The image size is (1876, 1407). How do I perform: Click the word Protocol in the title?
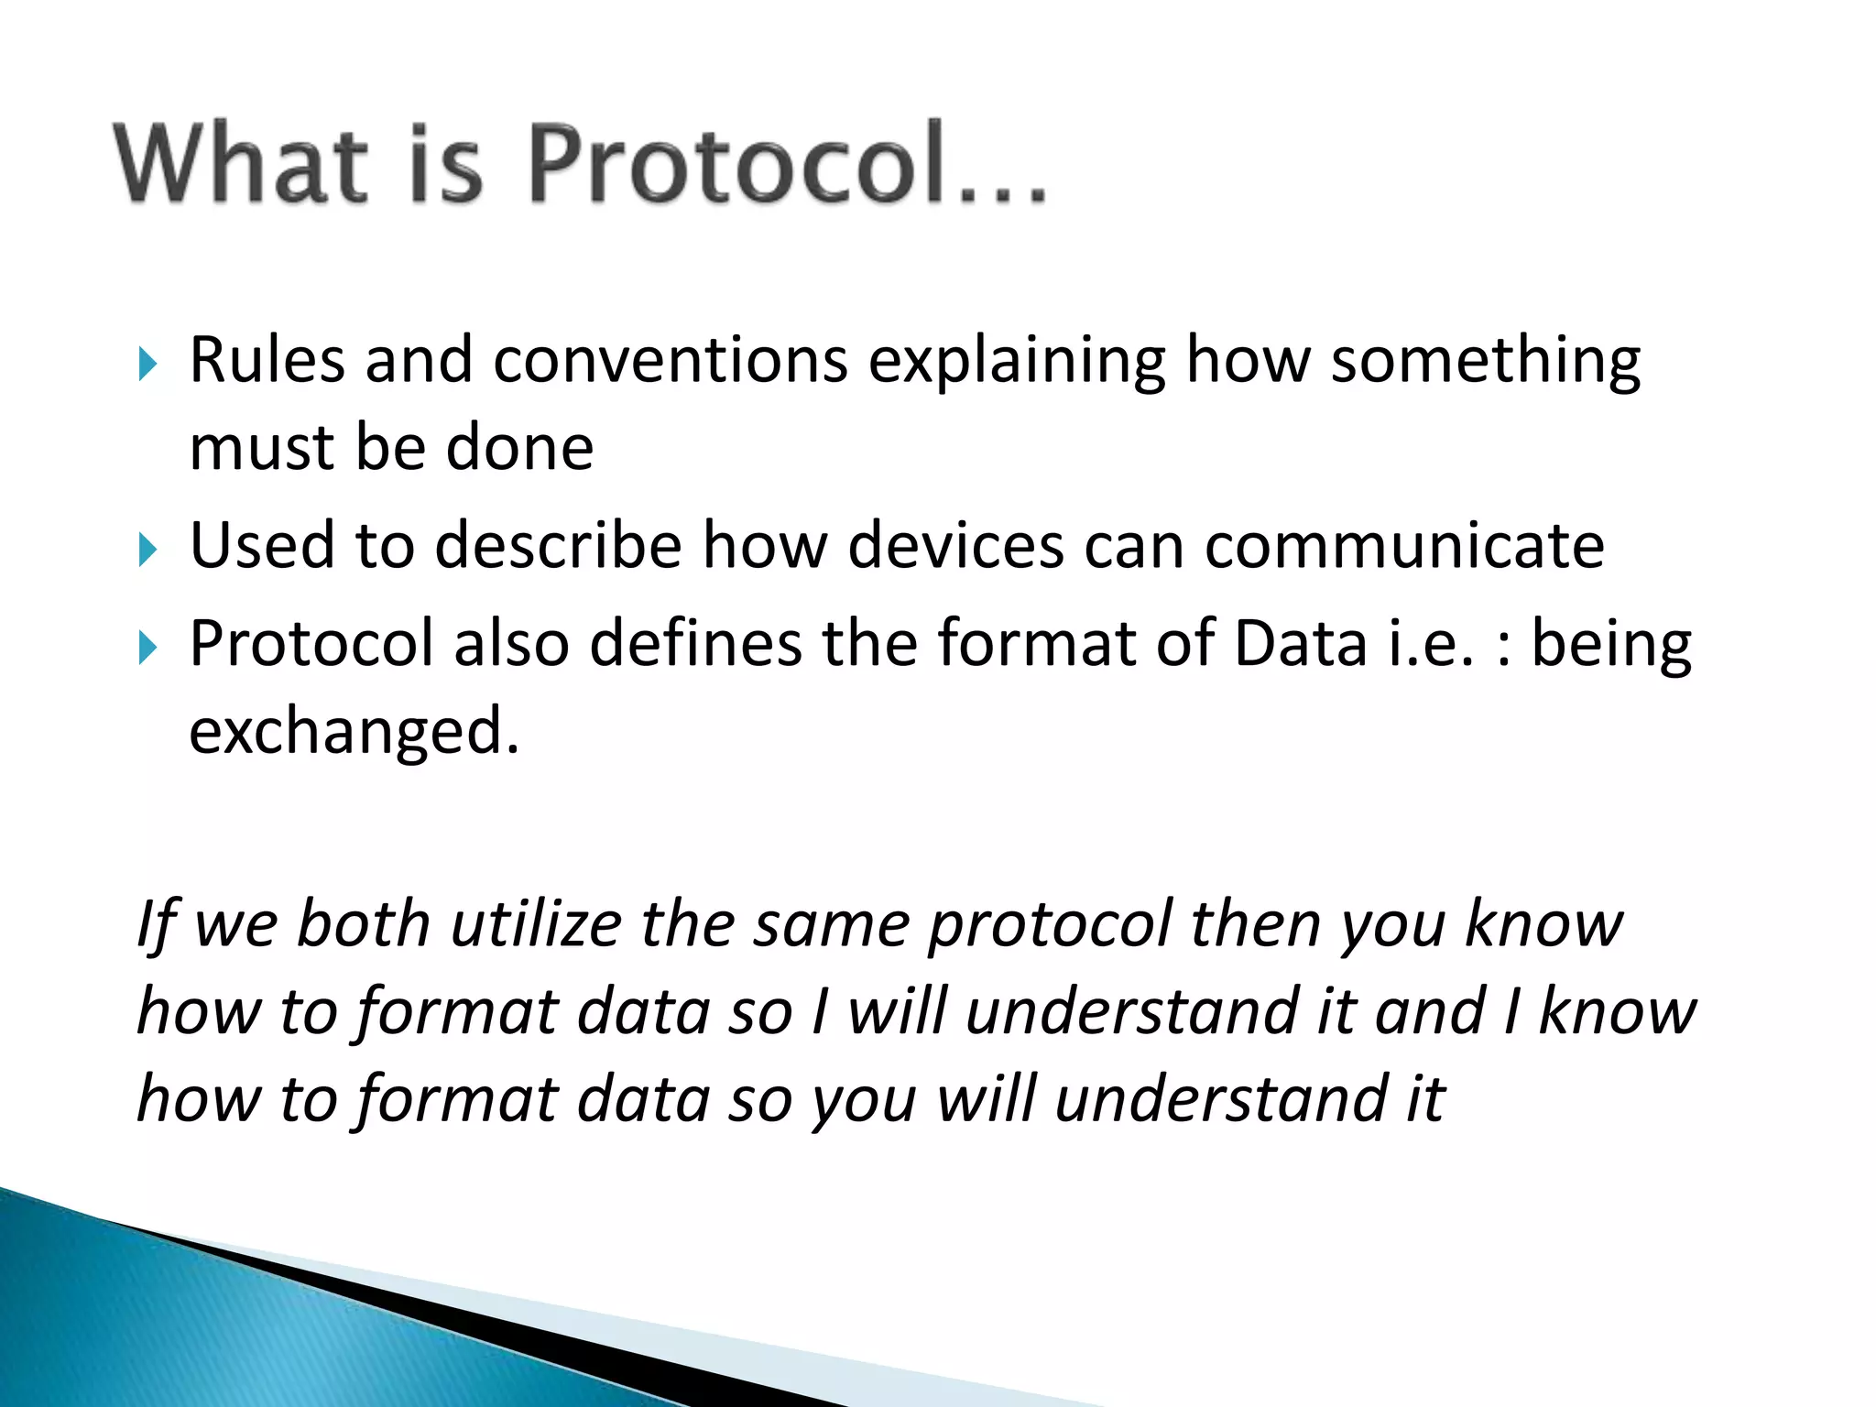(x=737, y=163)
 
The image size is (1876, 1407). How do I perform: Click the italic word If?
(x=157, y=925)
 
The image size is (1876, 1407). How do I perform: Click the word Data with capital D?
(x=1301, y=643)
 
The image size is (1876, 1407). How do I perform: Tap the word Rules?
(x=267, y=360)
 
